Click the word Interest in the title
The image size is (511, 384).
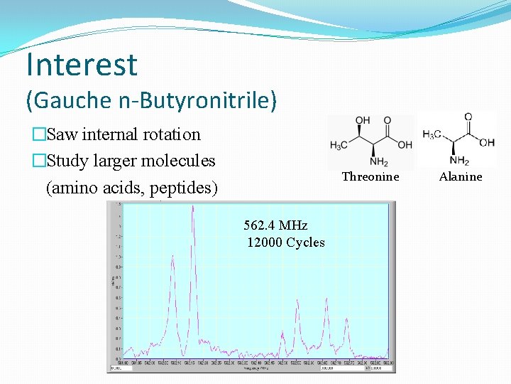(82, 64)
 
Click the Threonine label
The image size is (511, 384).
(370, 177)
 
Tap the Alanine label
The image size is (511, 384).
(461, 177)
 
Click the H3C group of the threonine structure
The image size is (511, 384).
(339, 146)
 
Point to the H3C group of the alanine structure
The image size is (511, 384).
(432, 134)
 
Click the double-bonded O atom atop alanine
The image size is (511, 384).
(468, 117)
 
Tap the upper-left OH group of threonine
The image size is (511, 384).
(362, 120)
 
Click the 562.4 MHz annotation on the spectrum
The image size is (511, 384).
(275, 225)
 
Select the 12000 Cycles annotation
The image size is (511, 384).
(286, 242)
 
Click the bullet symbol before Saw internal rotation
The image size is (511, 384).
(38, 134)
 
